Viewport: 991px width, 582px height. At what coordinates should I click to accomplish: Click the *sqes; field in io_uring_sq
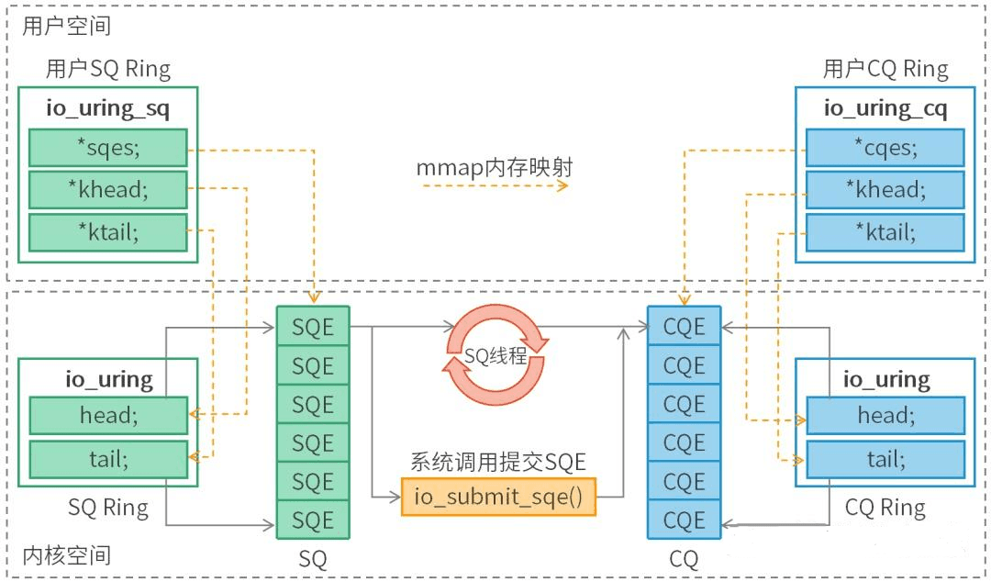tap(108, 148)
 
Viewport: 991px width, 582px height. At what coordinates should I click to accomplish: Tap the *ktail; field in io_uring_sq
tap(108, 232)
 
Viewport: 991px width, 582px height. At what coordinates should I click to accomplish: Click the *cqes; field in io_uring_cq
tap(885, 148)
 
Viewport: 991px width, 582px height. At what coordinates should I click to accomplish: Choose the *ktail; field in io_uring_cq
tap(885, 232)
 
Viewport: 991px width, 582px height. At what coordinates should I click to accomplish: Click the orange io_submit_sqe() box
tap(498, 497)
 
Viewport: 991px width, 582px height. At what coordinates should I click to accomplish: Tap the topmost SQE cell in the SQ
tap(313, 327)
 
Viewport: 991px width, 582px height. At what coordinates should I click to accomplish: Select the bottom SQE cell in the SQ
tap(313, 520)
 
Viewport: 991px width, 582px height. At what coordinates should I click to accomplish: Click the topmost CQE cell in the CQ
tap(684, 327)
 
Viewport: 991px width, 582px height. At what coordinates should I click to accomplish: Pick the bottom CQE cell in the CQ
tap(684, 520)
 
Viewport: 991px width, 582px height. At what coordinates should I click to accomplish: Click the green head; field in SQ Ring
tap(108, 416)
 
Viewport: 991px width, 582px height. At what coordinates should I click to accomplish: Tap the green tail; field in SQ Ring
tap(108, 459)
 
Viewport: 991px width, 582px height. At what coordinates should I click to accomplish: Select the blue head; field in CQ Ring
tap(885, 416)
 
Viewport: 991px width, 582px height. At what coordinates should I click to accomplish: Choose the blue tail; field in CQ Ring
tap(885, 459)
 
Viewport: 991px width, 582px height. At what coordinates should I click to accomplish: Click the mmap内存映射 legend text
tap(495, 168)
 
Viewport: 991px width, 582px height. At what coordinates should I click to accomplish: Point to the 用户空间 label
tap(66, 26)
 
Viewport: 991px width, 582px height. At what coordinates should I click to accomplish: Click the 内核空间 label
tap(66, 555)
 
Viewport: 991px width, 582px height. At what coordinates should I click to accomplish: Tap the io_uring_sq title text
tap(108, 108)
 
